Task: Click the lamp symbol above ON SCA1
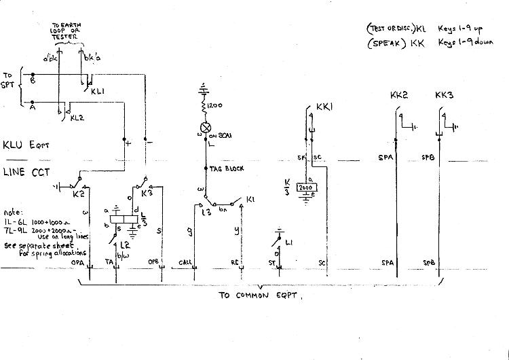coord(203,128)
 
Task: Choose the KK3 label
coord(443,96)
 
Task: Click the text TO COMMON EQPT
coord(259,296)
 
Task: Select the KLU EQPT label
coord(27,145)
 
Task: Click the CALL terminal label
coord(185,262)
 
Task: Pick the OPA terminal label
coord(80,262)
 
